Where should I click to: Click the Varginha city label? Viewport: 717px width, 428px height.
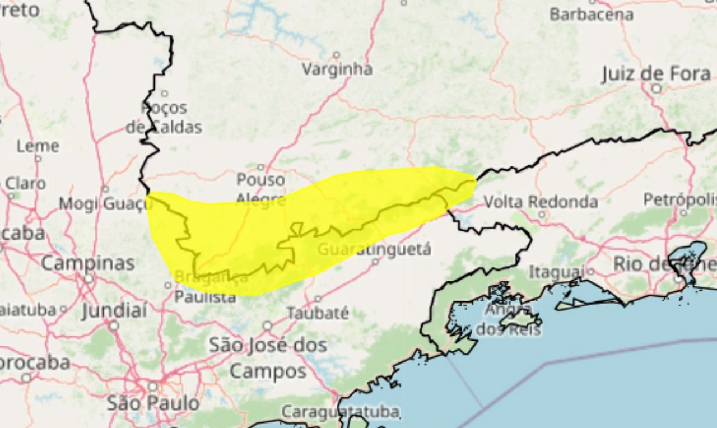[x=337, y=69]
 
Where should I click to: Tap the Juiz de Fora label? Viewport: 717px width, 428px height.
[x=656, y=73]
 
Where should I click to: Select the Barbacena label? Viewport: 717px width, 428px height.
[x=591, y=15]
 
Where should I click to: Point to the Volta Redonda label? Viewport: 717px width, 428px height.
[x=541, y=202]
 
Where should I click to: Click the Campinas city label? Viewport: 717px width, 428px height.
[x=88, y=263]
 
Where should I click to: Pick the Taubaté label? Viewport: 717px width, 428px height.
[x=318, y=313]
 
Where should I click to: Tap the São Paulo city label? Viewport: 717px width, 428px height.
[x=152, y=402]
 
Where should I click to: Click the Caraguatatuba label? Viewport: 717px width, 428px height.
[x=340, y=412]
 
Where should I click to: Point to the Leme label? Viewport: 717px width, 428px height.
[x=38, y=147]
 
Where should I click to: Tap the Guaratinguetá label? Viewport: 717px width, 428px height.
[x=374, y=249]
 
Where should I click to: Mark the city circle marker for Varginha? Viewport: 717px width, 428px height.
[x=337, y=55]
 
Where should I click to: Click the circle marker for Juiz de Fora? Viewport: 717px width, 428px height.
[x=656, y=89]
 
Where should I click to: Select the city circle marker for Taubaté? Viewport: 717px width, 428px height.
[x=318, y=299]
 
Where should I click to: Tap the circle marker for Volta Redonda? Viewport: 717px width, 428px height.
[x=541, y=215]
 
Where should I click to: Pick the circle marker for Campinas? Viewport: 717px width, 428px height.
[x=89, y=278]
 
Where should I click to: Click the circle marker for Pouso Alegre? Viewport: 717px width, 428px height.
[x=260, y=167]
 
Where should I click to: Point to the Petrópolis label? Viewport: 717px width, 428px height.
[x=680, y=199]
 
